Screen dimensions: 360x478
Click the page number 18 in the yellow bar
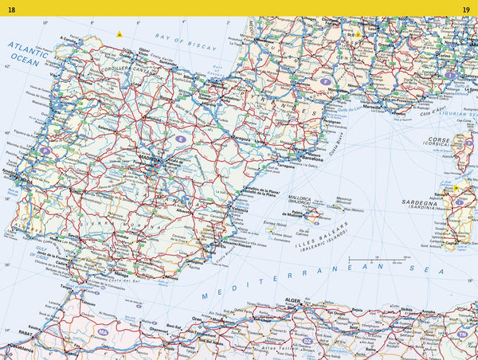tap(11, 10)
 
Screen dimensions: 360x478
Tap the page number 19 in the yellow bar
tap(465, 10)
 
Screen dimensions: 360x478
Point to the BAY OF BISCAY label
tap(186, 41)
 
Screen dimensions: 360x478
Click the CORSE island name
tap(439, 139)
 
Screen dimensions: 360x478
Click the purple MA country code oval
tap(103, 331)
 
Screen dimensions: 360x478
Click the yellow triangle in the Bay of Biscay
tap(119, 33)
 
